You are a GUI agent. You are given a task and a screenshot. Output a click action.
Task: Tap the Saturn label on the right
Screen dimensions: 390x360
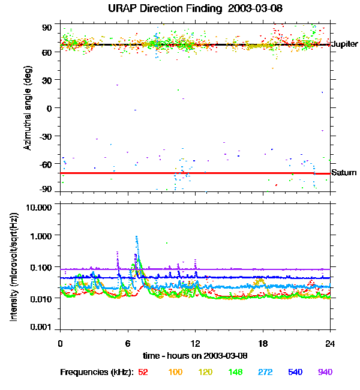[x=343, y=173]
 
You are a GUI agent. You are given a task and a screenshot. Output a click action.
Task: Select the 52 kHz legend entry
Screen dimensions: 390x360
[x=143, y=372]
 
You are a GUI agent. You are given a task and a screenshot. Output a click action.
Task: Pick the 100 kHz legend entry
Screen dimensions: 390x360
[x=175, y=372]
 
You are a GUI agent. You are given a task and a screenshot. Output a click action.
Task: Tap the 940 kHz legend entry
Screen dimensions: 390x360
[x=324, y=372]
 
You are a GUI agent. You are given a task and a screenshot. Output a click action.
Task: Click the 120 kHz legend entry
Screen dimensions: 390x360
[x=206, y=372]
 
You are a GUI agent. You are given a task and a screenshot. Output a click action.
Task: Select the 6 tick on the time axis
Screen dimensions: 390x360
[x=128, y=344]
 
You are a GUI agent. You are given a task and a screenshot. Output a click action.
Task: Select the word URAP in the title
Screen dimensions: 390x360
[x=123, y=9]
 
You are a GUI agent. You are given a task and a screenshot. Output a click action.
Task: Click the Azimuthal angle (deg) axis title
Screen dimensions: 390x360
[x=28, y=108]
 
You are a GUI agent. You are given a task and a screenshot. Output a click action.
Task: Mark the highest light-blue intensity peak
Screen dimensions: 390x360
[x=137, y=236]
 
